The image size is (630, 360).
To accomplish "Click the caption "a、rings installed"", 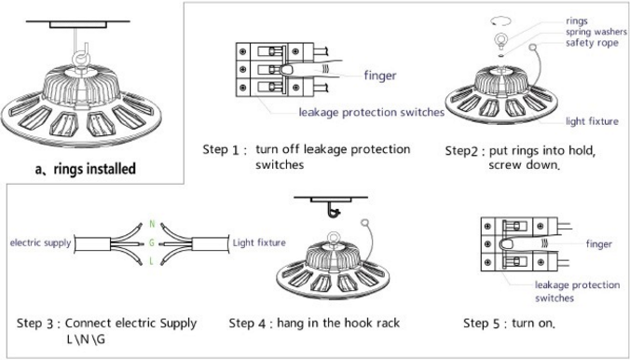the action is coord(85,169).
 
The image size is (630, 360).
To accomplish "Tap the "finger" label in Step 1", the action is coord(380,76).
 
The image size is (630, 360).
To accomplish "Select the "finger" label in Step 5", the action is coord(599,243).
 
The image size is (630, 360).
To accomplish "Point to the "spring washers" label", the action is coord(596,33).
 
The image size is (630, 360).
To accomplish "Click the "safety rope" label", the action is coord(592,43).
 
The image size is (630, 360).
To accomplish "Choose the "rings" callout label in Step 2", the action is coord(577,21).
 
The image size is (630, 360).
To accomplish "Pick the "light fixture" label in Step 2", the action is coord(592,121).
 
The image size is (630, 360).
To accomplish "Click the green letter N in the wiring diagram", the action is coord(152,224).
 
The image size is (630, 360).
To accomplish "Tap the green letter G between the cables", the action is coord(152,242).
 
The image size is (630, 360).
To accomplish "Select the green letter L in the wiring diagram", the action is coord(152,261).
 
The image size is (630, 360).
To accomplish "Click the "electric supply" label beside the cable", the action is coord(40,242).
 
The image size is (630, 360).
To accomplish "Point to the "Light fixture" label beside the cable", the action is coord(259,242).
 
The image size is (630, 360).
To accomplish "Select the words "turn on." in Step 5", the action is coord(534,323).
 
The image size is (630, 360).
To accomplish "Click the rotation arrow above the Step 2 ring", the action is coord(501,21).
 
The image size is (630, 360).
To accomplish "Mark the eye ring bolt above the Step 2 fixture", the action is coord(500,40).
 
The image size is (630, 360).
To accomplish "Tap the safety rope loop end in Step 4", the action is coord(364,223).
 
